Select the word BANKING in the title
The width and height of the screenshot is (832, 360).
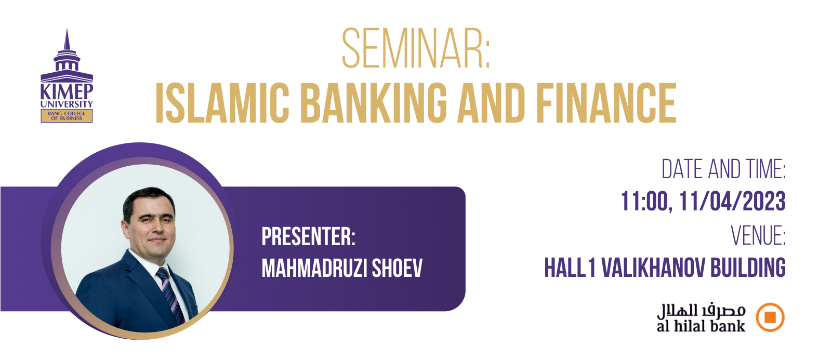pyautogui.click(x=374, y=103)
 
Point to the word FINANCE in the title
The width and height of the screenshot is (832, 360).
pyautogui.click(x=606, y=103)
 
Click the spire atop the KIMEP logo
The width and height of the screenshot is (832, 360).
pyautogui.click(x=67, y=40)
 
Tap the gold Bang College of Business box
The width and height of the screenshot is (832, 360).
pyautogui.click(x=67, y=116)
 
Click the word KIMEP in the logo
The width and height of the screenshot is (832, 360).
pyautogui.click(x=67, y=91)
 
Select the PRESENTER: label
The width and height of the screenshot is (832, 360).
pyautogui.click(x=308, y=236)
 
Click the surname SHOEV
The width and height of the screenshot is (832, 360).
pyautogui.click(x=397, y=268)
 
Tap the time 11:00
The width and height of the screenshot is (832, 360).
pyautogui.click(x=646, y=202)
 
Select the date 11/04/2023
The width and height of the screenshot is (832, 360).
pyautogui.click(x=732, y=201)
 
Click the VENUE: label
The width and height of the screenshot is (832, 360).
pyautogui.click(x=758, y=235)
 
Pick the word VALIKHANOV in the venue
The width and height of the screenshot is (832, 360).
pyautogui.click(x=653, y=267)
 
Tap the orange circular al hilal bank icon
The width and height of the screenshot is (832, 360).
pyautogui.click(x=770, y=317)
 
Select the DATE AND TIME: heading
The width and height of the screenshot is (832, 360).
pyautogui.click(x=723, y=169)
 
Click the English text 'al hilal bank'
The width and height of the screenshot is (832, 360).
pyautogui.click(x=701, y=326)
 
